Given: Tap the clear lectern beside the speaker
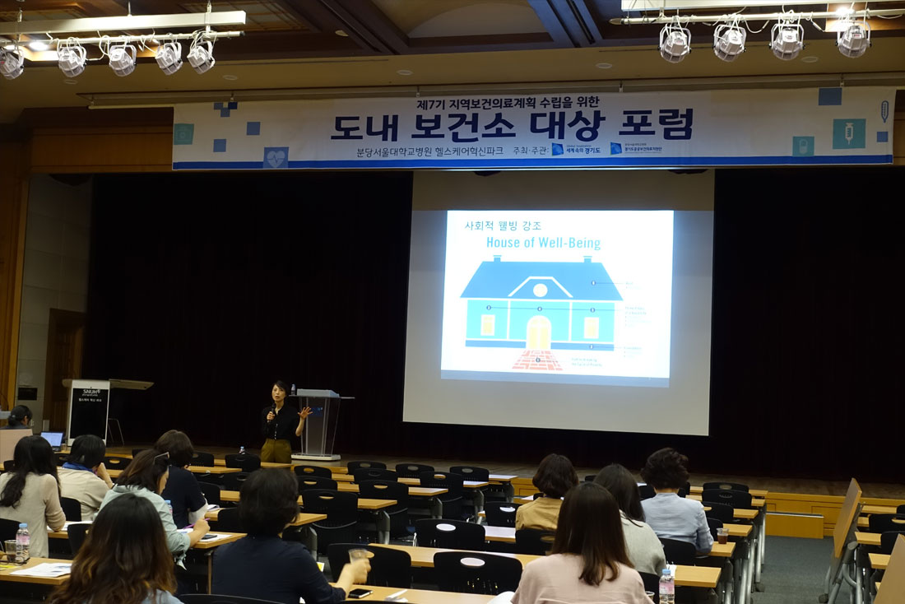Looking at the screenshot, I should [319, 424].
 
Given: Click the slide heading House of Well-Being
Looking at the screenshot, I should [543, 243].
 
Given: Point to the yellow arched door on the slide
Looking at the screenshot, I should [539, 332].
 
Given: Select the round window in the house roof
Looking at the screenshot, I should [540, 290].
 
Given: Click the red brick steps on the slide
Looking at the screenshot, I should [537, 360].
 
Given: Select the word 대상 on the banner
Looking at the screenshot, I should [567, 125].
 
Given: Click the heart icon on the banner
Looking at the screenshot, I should [276, 156].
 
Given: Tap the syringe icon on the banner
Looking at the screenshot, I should [848, 133].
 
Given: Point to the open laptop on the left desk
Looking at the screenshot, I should [52, 439].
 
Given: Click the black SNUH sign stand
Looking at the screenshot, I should [88, 410].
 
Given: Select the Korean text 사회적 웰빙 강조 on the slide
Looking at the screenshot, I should [499, 225].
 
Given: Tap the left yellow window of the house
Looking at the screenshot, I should [488, 325].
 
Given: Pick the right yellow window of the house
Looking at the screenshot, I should [591, 327].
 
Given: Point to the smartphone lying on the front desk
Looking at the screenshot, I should [360, 592].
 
